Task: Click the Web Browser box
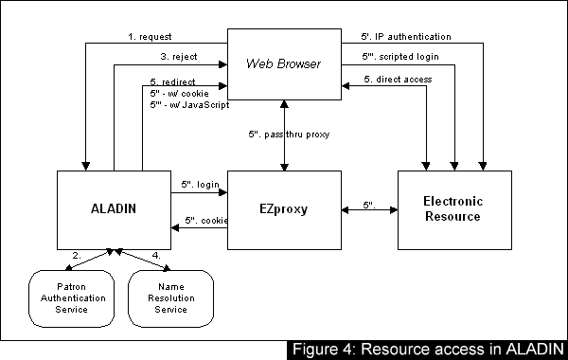(283, 63)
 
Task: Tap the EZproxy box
(283, 208)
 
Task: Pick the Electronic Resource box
(453, 208)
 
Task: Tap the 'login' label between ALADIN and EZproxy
(197, 185)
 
